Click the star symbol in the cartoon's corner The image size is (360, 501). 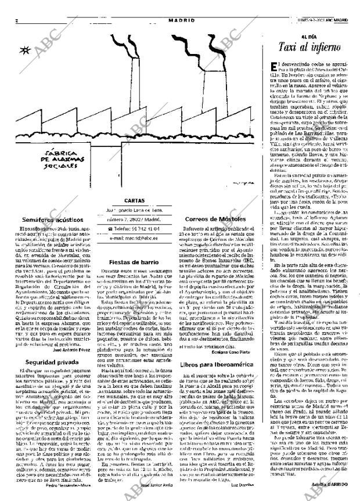25,50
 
